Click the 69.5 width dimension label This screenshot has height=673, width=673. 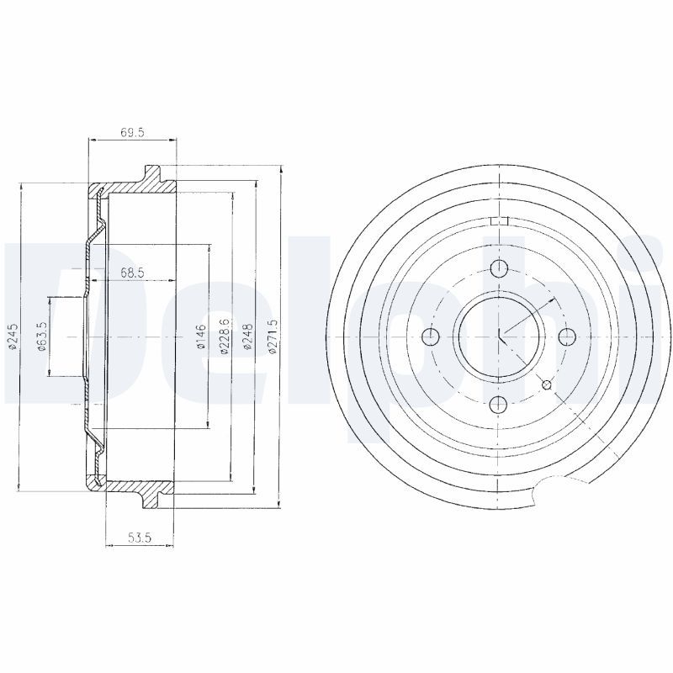(x=132, y=133)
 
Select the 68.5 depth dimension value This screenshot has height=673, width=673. (x=132, y=273)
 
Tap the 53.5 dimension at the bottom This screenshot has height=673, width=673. (x=139, y=537)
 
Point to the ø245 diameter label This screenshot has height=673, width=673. (x=13, y=336)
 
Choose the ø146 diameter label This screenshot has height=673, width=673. (x=201, y=337)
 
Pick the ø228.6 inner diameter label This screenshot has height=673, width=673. (x=224, y=337)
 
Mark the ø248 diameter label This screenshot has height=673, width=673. (x=248, y=337)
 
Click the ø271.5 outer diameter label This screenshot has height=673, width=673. (x=273, y=337)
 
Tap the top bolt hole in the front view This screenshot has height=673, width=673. (x=499, y=269)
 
